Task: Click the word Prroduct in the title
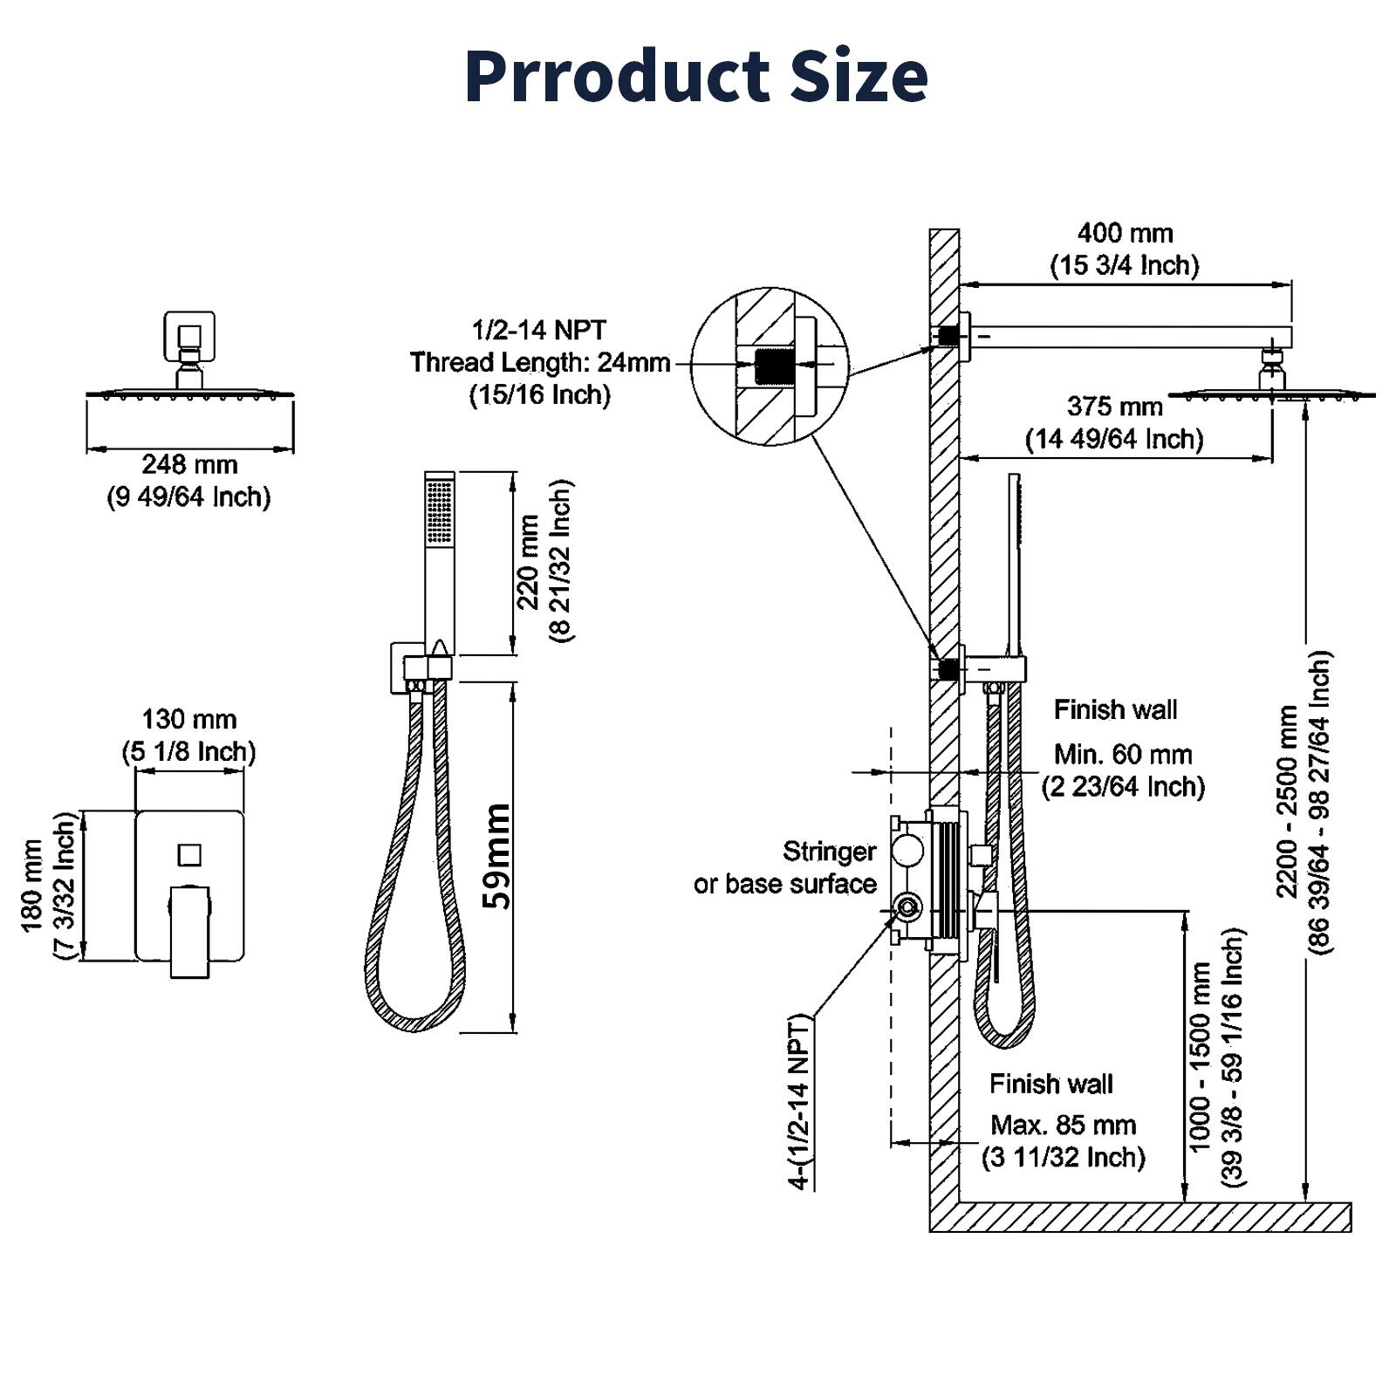click(x=615, y=76)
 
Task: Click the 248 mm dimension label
click(x=189, y=464)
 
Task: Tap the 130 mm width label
click(x=189, y=720)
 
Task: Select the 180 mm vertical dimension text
click(x=32, y=886)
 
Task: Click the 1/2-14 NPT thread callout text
click(x=539, y=331)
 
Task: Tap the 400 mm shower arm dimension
click(x=1124, y=234)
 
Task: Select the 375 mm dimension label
click(x=1114, y=407)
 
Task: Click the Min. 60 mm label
click(x=1122, y=754)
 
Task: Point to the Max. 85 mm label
click(x=1063, y=1125)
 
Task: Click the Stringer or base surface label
click(x=785, y=867)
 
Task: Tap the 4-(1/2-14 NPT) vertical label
click(x=799, y=1103)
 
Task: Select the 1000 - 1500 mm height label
click(x=1201, y=1056)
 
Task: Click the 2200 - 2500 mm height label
click(x=1288, y=801)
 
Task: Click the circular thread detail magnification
click(x=770, y=366)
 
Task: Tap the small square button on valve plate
click(x=189, y=854)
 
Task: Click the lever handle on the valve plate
click(x=189, y=930)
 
